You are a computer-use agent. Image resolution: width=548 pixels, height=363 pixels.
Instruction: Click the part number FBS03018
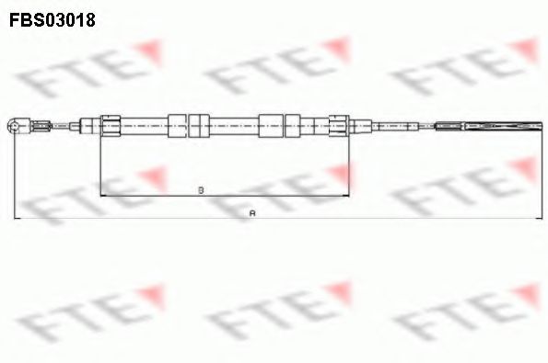tap(53, 17)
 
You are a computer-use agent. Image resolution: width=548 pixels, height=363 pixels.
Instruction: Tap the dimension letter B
tap(201, 190)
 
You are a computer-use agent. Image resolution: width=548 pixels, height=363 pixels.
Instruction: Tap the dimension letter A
tap(252, 212)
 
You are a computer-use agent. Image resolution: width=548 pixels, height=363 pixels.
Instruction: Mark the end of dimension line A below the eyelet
tap(14, 218)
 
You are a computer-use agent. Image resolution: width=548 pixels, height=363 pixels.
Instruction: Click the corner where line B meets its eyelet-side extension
tap(99, 197)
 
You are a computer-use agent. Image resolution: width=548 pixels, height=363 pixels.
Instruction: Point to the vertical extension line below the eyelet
tap(14, 175)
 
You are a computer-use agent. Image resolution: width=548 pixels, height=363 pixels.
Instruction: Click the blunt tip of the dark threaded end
tap(542, 126)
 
